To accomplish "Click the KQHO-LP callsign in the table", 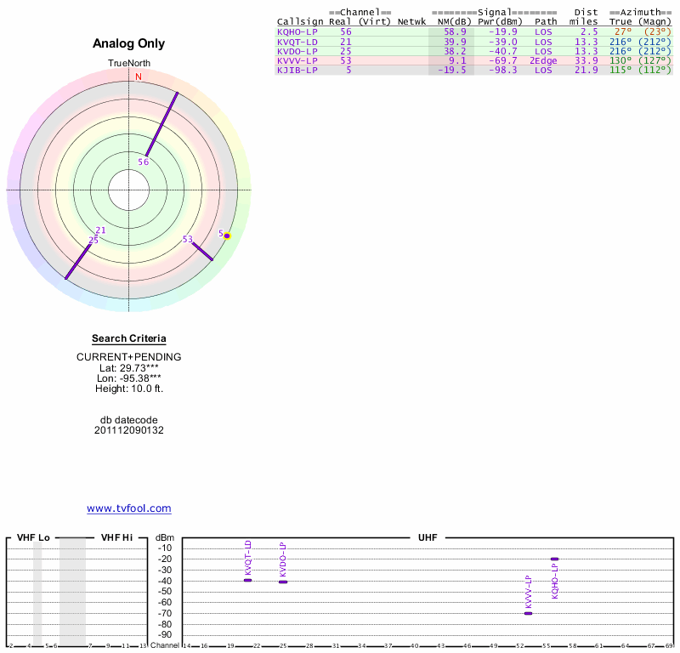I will click(x=297, y=31).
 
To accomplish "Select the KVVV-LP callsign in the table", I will click(x=297, y=60).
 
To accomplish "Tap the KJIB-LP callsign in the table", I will click(x=297, y=71).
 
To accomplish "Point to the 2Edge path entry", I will click(x=543, y=60).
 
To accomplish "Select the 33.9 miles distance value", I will click(x=586, y=60).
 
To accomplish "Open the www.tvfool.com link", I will click(x=129, y=508).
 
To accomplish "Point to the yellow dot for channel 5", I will click(x=227, y=236).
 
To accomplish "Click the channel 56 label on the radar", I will click(x=144, y=162).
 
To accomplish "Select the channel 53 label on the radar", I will click(x=188, y=239).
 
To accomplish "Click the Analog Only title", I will click(x=129, y=43).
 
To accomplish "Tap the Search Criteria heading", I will click(x=129, y=338).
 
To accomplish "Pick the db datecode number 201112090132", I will click(x=129, y=430).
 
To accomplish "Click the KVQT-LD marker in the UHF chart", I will click(x=248, y=580).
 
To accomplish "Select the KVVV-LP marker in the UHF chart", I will click(x=528, y=613).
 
